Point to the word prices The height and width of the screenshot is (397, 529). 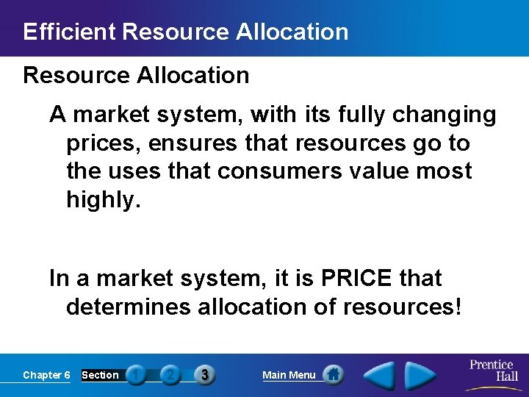101,143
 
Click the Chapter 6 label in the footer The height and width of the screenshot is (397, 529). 46,375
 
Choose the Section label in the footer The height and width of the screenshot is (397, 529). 100,375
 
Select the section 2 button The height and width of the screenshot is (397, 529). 170,375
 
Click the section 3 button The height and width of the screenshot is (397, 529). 204,375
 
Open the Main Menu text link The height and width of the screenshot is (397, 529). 289,375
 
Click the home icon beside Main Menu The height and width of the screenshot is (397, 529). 333,375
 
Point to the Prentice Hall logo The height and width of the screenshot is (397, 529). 492,374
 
